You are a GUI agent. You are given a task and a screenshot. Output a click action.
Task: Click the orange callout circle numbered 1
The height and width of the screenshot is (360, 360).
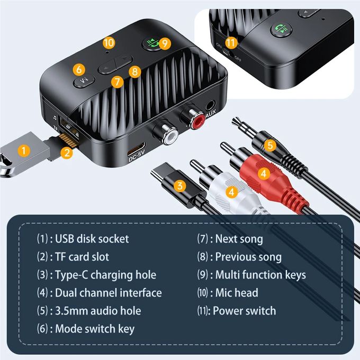tap(22, 150)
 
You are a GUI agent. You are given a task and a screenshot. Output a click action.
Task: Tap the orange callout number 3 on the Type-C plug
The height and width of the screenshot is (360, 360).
tap(181, 185)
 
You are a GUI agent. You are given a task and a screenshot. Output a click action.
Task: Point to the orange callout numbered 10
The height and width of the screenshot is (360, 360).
tap(109, 42)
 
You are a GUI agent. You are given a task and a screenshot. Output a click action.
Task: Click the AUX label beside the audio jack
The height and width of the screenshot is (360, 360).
tap(211, 113)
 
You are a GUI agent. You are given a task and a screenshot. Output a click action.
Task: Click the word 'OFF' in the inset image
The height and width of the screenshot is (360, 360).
tap(238, 59)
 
